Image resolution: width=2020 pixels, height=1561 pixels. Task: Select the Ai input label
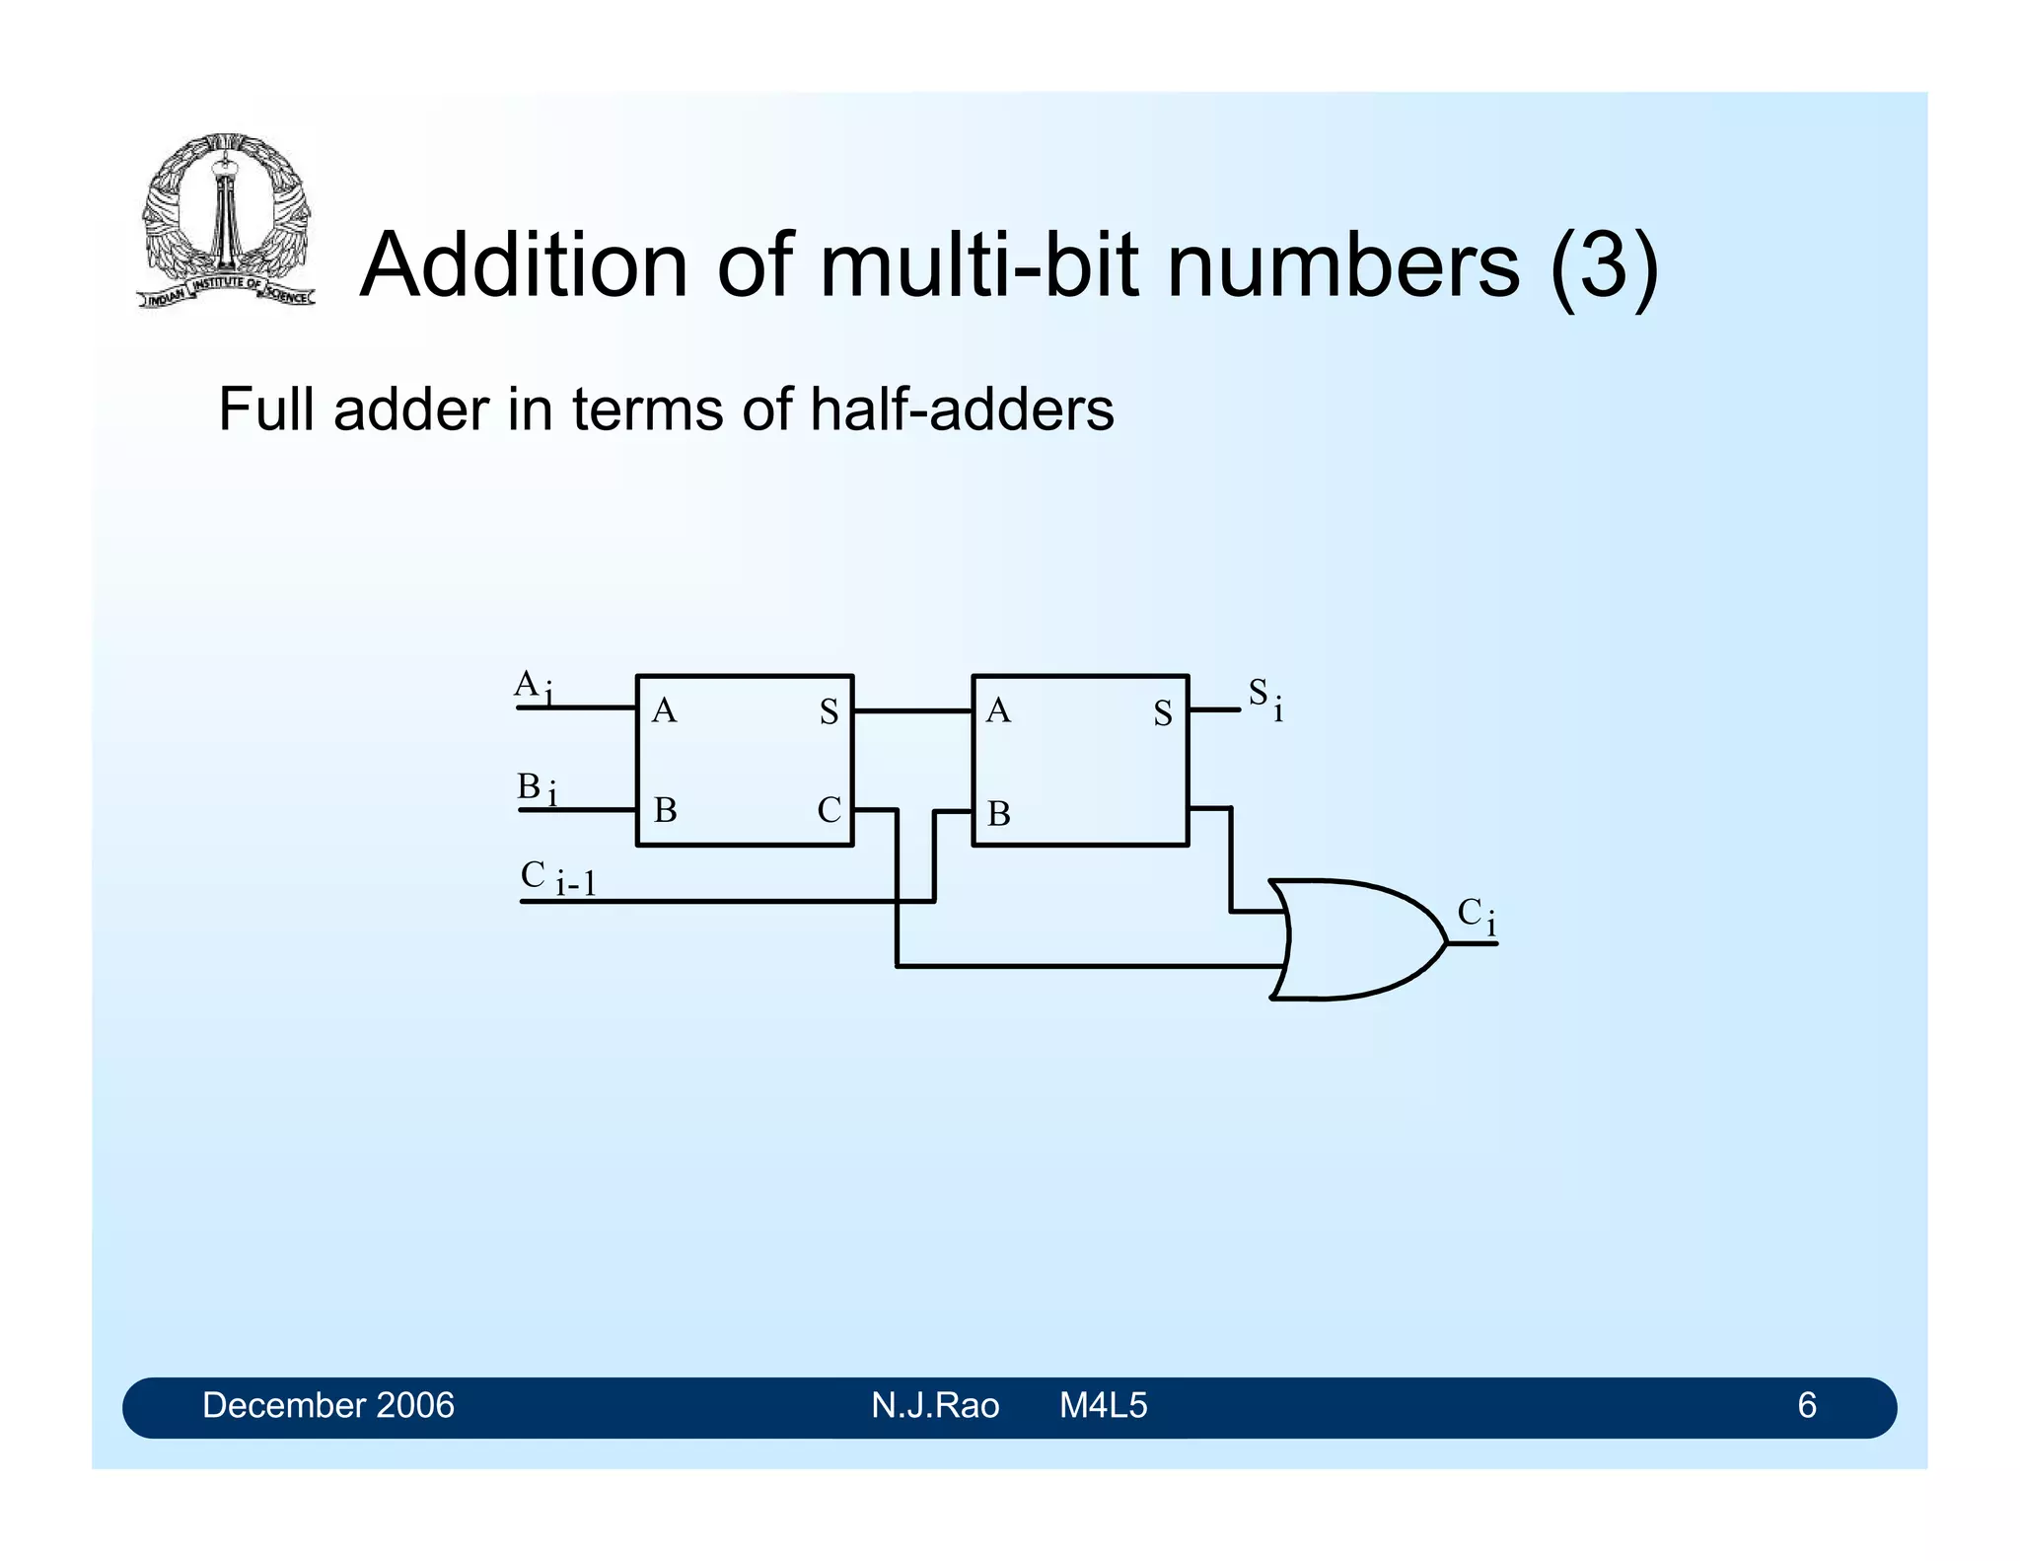tap(534, 686)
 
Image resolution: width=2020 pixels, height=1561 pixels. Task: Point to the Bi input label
tap(537, 788)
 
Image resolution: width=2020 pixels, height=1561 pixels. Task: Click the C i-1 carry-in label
tap(558, 877)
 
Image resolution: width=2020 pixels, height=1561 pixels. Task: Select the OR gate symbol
tap(1356, 939)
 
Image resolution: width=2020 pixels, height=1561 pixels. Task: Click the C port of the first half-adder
tap(829, 810)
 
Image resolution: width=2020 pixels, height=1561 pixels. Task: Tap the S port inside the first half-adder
tap(829, 711)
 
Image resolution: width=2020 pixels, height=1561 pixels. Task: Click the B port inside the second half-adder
tap(998, 814)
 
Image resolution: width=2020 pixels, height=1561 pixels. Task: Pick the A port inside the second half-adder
tap(998, 710)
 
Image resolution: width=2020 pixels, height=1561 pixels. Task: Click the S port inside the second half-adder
tap(1163, 713)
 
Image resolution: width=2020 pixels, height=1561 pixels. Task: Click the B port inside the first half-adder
tap(665, 810)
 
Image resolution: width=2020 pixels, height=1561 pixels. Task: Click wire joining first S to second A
tap(912, 710)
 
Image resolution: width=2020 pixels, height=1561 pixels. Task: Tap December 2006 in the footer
tap(327, 1405)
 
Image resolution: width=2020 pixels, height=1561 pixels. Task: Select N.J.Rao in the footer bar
tap(934, 1405)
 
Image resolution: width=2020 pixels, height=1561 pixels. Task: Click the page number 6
tap(1806, 1405)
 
